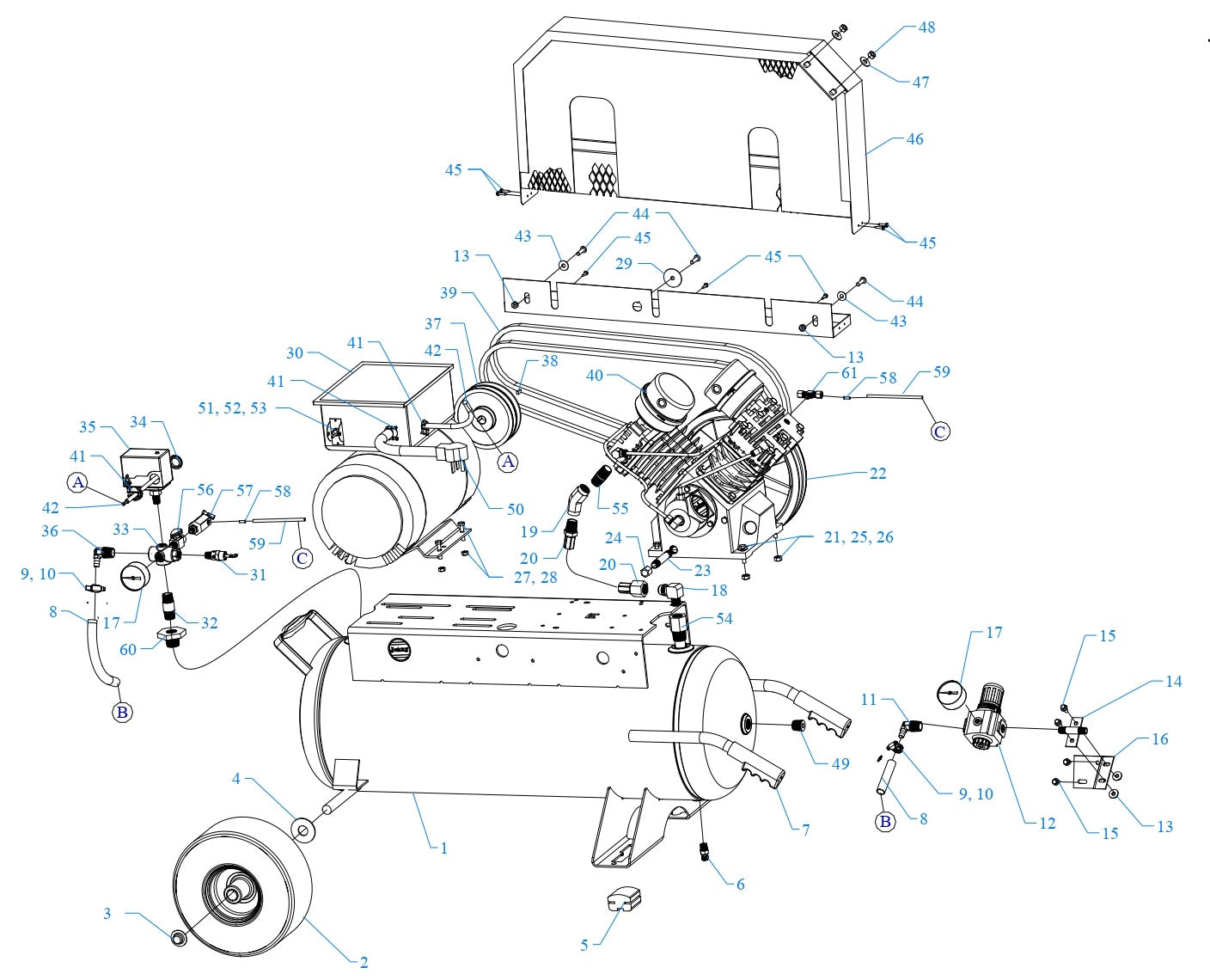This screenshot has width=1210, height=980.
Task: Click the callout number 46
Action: (914, 138)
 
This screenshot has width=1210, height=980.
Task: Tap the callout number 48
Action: (926, 27)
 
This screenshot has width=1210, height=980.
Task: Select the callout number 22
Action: (877, 473)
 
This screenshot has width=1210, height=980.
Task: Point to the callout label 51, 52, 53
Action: (232, 408)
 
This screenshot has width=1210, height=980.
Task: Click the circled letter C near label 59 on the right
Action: (940, 431)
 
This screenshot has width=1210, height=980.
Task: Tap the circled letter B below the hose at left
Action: (122, 712)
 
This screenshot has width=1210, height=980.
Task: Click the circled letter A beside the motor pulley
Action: (509, 462)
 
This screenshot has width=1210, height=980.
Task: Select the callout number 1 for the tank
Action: (443, 848)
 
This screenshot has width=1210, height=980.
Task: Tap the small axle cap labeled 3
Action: (179, 936)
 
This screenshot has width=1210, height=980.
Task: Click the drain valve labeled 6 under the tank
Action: (705, 851)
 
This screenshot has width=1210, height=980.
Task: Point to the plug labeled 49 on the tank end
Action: (800, 727)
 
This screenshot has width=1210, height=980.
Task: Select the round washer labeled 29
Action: (671, 276)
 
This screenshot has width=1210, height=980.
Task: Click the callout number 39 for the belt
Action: (449, 292)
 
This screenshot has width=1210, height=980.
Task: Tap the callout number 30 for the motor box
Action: (295, 353)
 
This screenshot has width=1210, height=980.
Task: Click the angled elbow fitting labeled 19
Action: (577, 500)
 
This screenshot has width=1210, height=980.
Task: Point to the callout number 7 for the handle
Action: (805, 830)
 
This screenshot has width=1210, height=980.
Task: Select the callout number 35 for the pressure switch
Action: (88, 427)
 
